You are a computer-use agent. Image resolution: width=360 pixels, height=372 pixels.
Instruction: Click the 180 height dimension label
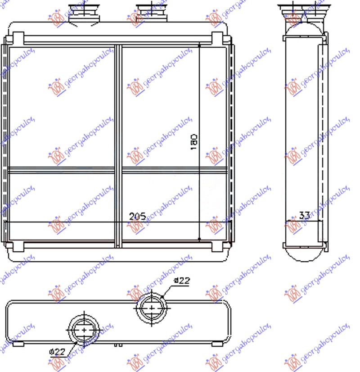[194, 142]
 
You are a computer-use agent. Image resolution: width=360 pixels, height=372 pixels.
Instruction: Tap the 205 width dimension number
[137, 216]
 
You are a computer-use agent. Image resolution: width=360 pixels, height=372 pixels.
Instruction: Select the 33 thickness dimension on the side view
[305, 216]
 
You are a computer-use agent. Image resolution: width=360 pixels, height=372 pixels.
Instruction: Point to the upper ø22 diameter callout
[182, 281]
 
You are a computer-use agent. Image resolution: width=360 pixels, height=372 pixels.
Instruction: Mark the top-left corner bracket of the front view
[18, 38]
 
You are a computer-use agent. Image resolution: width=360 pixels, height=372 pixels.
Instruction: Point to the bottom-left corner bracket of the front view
[18, 245]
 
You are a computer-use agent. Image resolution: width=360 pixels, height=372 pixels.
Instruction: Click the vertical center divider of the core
[118, 144]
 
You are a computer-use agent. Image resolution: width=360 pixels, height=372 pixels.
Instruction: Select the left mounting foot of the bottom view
[18, 344]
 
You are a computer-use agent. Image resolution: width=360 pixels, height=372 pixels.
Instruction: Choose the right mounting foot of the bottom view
[216, 344]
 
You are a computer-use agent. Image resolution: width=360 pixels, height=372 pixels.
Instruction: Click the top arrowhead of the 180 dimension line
[199, 45]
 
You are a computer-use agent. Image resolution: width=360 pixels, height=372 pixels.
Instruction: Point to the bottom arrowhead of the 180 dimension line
[199, 238]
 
